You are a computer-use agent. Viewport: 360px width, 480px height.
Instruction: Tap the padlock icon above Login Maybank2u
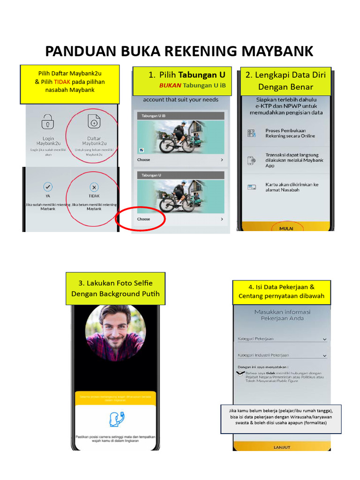(x=48, y=122)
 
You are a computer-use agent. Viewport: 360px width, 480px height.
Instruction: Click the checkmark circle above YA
(x=48, y=187)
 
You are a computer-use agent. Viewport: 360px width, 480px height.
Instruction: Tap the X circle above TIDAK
(x=94, y=187)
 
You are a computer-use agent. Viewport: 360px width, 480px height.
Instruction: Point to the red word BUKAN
(x=170, y=85)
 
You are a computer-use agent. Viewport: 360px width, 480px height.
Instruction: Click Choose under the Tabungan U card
(x=144, y=219)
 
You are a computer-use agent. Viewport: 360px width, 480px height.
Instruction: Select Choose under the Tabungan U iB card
(x=144, y=160)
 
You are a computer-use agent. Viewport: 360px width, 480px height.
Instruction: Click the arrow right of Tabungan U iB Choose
(x=222, y=160)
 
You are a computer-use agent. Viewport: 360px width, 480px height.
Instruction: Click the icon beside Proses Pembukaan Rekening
(x=252, y=133)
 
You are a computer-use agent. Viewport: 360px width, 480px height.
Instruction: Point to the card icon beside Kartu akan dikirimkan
(x=252, y=187)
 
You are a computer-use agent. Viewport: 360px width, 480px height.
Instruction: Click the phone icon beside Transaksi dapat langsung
(x=252, y=160)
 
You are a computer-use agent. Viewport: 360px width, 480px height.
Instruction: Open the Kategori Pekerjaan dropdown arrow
(x=324, y=339)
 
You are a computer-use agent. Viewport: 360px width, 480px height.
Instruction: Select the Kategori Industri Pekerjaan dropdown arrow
(x=324, y=356)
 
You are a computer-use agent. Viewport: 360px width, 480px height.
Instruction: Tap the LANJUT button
(x=282, y=446)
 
